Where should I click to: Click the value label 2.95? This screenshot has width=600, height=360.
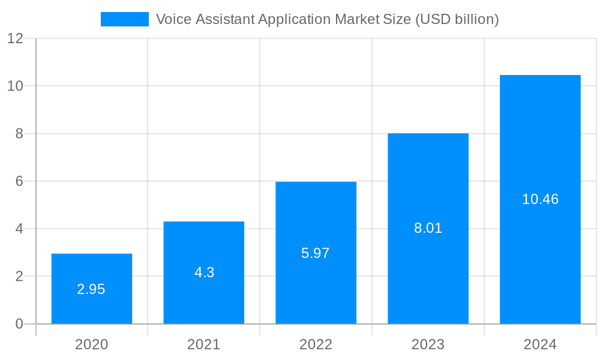tap(91, 289)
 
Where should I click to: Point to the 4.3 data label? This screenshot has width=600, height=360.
tap(204, 272)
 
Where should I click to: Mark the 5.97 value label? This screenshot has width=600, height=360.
tap(316, 253)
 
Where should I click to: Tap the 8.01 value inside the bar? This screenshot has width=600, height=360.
tap(428, 228)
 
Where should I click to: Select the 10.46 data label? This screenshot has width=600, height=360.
tap(540, 199)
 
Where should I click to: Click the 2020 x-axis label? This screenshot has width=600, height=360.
tap(92, 344)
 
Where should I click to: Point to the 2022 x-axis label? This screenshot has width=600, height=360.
tap(316, 344)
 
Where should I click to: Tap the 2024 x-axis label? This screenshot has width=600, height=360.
tap(540, 344)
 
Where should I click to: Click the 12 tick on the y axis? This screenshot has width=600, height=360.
tap(15, 38)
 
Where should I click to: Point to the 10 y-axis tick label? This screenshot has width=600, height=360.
tap(15, 86)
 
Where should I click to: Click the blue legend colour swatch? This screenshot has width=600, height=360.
tap(124, 19)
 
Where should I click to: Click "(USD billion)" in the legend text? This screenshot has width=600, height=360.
tap(457, 19)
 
